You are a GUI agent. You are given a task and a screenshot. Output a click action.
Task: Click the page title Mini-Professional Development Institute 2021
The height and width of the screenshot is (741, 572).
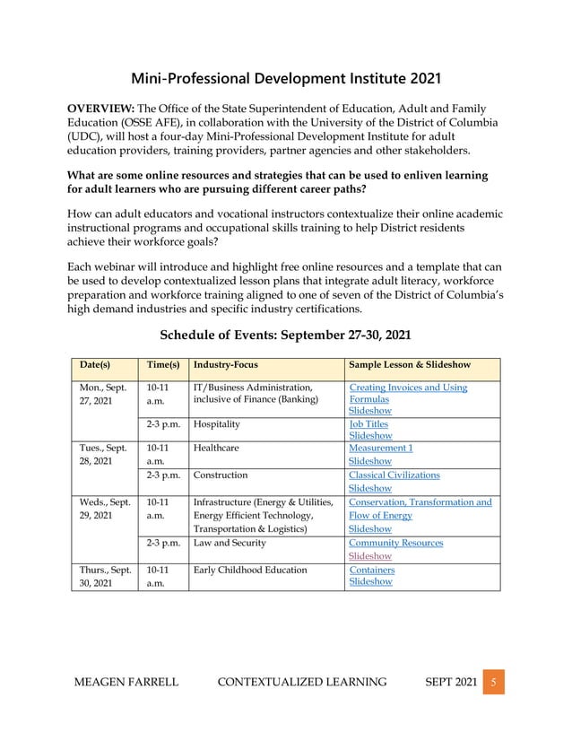(286, 79)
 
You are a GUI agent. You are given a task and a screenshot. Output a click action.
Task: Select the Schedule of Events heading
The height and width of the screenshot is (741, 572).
(285, 336)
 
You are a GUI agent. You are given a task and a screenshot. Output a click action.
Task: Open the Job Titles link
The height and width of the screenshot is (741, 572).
(368, 424)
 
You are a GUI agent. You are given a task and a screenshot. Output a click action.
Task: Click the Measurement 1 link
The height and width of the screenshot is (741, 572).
(380, 448)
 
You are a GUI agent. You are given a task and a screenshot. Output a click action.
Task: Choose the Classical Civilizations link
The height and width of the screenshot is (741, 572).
(394, 475)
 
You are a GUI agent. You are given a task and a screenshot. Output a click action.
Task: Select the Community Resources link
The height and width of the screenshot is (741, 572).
(395, 543)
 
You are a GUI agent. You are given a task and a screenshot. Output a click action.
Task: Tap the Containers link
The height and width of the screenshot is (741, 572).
(371, 570)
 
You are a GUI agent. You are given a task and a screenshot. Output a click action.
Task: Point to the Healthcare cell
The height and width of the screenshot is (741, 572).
(216, 448)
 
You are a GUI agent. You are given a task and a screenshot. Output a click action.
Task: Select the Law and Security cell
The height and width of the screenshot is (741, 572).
(230, 543)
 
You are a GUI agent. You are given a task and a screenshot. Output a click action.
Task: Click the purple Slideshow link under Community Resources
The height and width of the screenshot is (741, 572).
(370, 556)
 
